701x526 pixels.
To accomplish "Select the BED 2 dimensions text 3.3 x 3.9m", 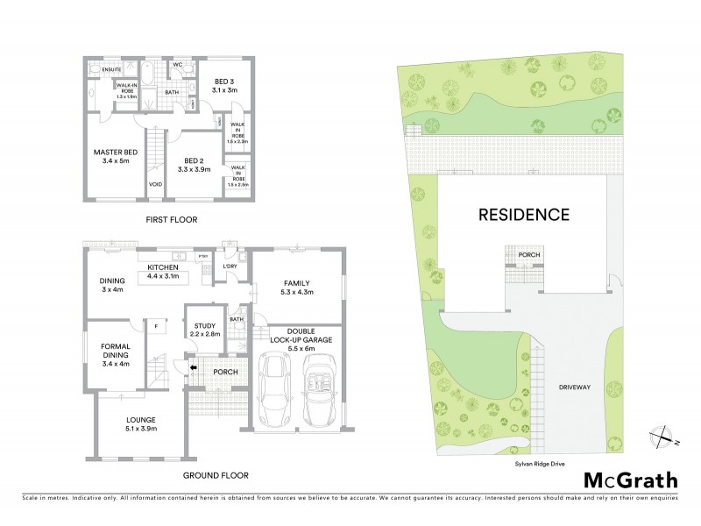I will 185,170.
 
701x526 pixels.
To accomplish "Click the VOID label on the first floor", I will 155,184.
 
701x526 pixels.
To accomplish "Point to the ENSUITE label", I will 111,69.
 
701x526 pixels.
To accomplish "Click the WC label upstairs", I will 177,66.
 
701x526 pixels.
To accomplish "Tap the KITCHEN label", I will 163,267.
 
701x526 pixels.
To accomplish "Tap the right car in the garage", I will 318,387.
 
